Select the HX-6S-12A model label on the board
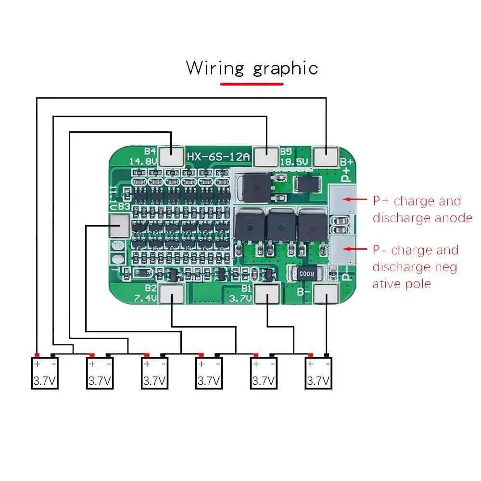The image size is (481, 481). click(x=218, y=157)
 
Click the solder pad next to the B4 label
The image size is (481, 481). click(x=171, y=157)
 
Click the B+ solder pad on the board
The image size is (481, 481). click(x=326, y=157)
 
